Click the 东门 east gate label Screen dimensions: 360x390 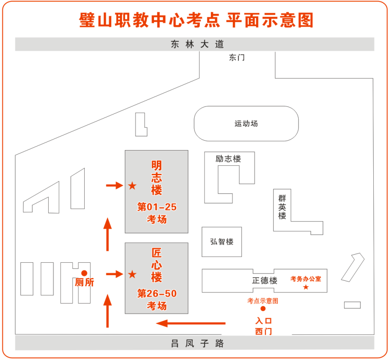click(x=236, y=58)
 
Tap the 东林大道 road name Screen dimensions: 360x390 click(x=197, y=44)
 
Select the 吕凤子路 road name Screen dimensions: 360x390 click(x=197, y=343)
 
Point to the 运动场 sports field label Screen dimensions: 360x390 click(x=246, y=123)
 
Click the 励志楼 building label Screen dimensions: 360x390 click(x=228, y=159)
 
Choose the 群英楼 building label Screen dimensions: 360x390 click(x=282, y=207)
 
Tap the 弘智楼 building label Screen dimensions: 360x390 click(x=222, y=241)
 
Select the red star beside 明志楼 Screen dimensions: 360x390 click(x=132, y=186)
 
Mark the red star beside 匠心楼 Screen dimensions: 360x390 click(x=132, y=274)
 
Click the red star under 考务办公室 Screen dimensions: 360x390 click(x=306, y=287)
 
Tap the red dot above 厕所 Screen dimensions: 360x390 click(x=84, y=273)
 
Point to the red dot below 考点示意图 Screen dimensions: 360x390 click(x=263, y=309)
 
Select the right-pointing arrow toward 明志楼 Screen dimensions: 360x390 click(x=114, y=185)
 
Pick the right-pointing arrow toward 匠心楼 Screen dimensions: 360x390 click(x=114, y=274)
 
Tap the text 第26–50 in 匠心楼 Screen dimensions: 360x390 click(x=157, y=294)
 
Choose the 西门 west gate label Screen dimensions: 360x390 click(x=263, y=332)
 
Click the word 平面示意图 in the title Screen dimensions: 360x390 click(x=269, y=20)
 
